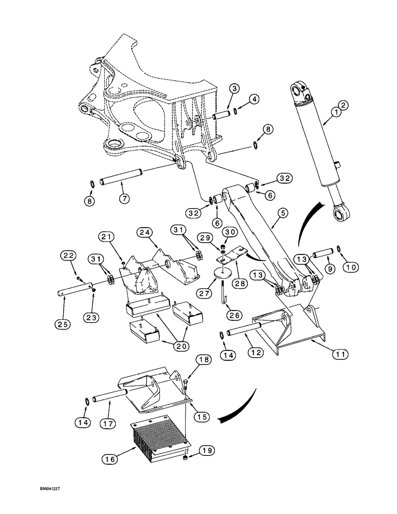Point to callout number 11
(341, 354)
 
